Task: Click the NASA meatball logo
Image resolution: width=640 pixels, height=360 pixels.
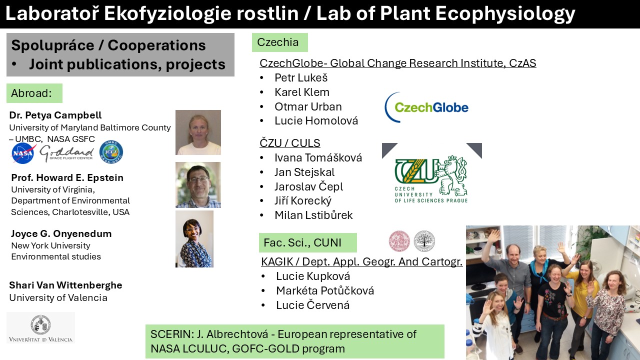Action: [23, 153]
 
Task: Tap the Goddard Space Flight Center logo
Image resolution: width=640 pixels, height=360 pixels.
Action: [67, 153]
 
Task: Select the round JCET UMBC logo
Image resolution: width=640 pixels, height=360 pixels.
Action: [111, 152]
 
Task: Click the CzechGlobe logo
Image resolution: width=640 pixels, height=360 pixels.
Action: [426, 107]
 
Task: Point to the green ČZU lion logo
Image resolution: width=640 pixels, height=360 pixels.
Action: [431, 179]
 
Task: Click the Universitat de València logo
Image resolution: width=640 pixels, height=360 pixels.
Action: [40, 327]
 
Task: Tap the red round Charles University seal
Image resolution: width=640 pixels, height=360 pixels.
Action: [399, 241]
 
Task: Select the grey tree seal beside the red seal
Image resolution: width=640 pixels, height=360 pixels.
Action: [424, 241]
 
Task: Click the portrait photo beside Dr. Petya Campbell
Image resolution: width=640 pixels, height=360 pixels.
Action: [198, 132]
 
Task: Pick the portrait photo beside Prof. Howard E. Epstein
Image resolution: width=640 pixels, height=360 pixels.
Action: [198, 185]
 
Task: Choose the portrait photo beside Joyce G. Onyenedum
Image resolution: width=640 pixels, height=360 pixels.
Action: [194, 239]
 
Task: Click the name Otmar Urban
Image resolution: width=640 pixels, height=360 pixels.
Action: [308, 106]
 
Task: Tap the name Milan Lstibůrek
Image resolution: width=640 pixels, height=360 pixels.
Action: [313, 215]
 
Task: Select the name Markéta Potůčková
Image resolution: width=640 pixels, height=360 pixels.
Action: [325, 290]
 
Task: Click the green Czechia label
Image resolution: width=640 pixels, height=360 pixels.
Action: [279, 42]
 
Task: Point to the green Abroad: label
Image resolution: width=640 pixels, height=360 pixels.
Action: [34, 93]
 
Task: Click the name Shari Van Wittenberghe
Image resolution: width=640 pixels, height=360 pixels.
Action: [65, 285]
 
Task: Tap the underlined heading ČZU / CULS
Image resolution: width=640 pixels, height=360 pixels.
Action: [289, 143]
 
